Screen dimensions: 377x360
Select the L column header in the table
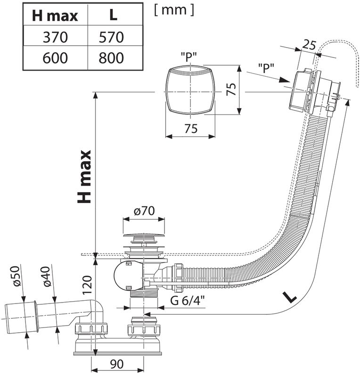(x=113, y=15)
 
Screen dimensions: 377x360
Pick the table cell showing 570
(x=113, y=37)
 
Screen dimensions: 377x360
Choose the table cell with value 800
(x=113, y=58)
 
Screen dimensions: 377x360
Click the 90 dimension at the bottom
(x=118, y=363)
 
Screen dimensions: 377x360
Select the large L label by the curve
(x=290, y=297)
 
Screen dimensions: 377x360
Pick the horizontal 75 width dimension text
(x=190, y=128)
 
